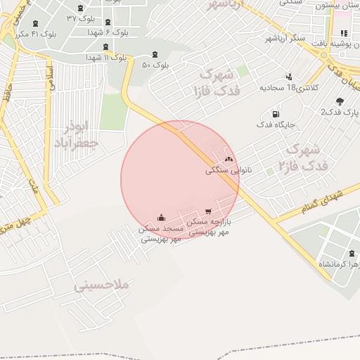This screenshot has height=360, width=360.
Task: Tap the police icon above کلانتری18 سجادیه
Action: [x=288, y=77]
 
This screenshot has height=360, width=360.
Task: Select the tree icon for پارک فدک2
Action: [x=340, y=101]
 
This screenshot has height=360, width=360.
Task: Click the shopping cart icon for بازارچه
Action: [x=208, y=211]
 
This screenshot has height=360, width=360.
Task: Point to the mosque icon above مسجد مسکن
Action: [x=162, y=217]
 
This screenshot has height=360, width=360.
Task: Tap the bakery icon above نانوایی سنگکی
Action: [x=229, y=159]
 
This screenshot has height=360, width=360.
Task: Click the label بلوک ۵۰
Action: [x=156, y=65]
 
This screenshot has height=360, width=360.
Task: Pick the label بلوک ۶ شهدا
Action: [x=108, y=32]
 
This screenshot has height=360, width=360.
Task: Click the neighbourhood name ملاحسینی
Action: [x=103, y=285]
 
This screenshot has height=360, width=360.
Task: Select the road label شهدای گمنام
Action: [x=321, y=199]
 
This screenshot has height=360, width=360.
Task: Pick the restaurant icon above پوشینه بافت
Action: [x=343, y=34]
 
